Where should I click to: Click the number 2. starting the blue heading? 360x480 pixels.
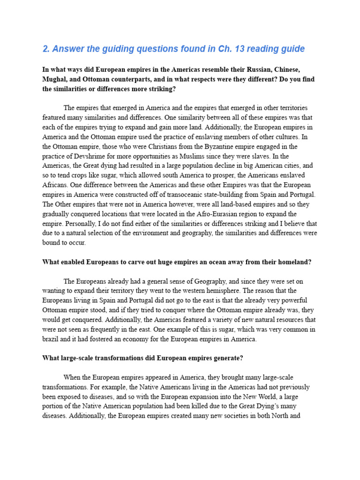pyautogui.click(x=45, y=49)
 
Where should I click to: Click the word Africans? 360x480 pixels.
pyautogui.click(x=55, y=185)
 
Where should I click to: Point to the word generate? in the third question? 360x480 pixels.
pyautogui.click(x=226, y=358)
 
